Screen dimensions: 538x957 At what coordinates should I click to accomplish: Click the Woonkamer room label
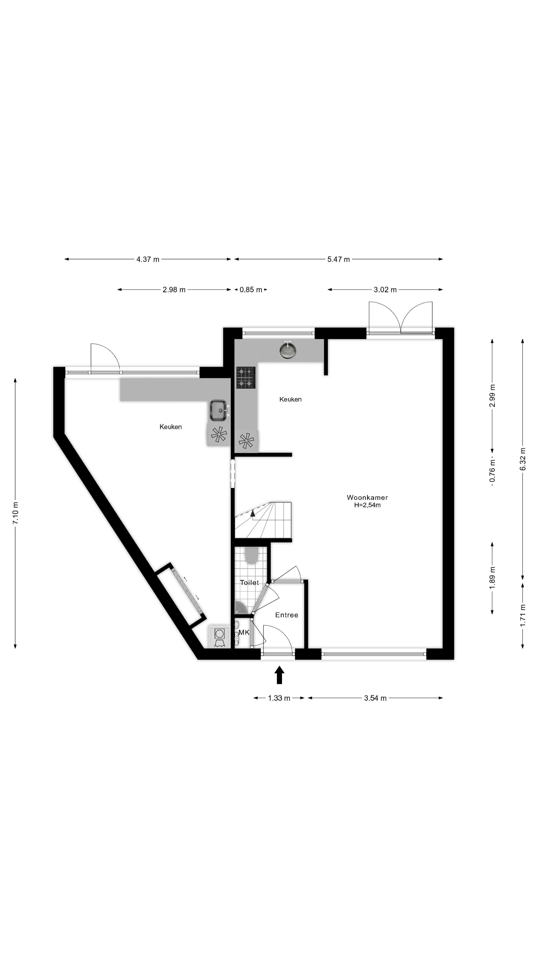[367, 497]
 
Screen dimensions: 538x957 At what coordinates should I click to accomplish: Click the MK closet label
[244, 632]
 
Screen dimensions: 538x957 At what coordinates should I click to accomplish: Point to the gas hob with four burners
[246, 378]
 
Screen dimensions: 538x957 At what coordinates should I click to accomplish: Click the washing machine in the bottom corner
[219, 637]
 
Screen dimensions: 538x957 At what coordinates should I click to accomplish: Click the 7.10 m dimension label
[15, 513]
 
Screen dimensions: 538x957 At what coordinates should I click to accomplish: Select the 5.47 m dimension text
[338, 259]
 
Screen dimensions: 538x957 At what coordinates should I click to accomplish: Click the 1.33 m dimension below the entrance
[279, 698]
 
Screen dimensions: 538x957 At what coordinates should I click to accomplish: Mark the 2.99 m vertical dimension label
[492, 396]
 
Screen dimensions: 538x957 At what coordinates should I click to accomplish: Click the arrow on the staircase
[253, 513]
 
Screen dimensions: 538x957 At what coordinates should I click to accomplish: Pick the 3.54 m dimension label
[375, 698]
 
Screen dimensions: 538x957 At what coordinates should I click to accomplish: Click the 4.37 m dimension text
[148, 259]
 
